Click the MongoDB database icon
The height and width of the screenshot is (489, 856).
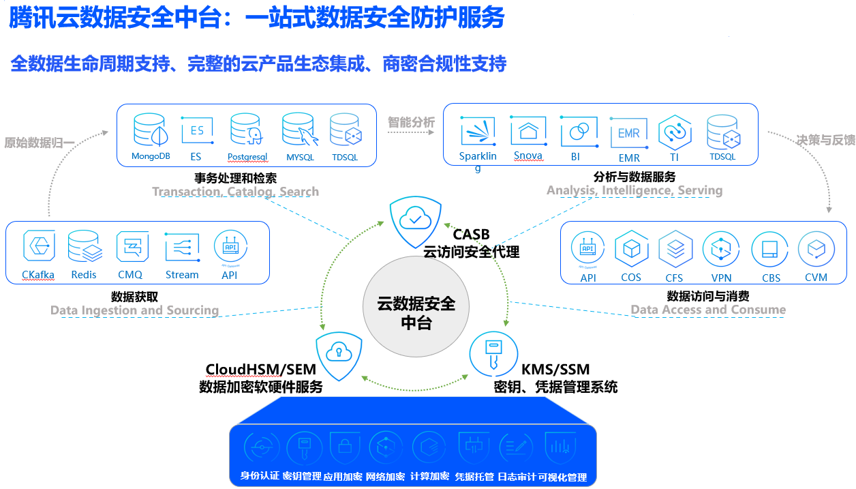pos(150,130)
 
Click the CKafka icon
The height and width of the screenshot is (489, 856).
pos(38,246)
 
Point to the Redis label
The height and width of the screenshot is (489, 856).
pos(84,275)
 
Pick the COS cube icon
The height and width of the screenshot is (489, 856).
pos(631,250)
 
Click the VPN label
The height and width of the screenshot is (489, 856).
pos(721,278)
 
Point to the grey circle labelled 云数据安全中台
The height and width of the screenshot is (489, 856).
pos(416,312)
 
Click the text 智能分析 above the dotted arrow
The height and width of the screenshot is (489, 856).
pos(411,122)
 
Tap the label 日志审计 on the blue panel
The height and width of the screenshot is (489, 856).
pos(517,476)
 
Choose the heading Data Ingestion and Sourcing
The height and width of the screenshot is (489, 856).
pos(135,310)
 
